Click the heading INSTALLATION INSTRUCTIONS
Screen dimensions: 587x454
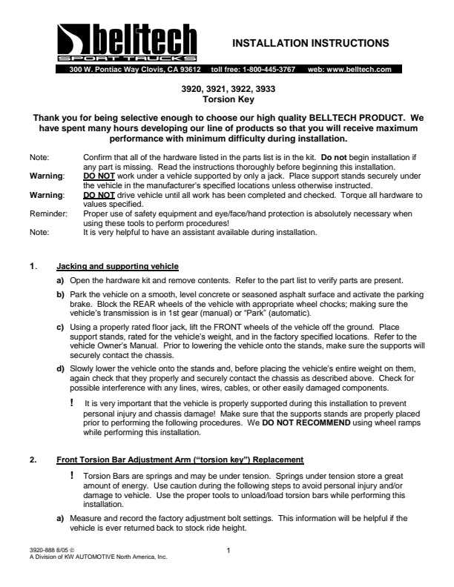click(311, 43)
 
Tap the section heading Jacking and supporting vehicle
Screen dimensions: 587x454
click(117, 266)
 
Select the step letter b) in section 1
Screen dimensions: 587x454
click(60, 294)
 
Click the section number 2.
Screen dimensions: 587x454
click(33, 460)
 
